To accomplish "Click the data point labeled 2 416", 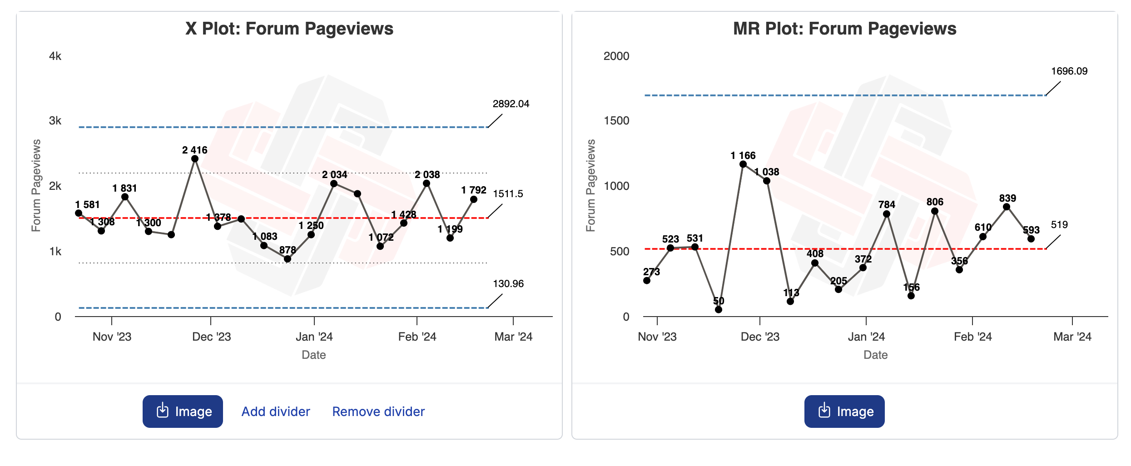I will pos(195,159).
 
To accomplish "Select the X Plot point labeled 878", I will pos(288,259).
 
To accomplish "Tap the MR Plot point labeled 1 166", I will pos(743,164).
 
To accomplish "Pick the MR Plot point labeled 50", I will pos(719,310).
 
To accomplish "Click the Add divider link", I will pos(276,411).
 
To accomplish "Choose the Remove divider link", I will pos(378,411).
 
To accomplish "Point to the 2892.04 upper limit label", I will pos(511,104).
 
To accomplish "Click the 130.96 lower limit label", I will pos(508,284).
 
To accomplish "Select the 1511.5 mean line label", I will pos(508,194).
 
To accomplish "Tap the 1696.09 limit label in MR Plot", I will pos(1069,71).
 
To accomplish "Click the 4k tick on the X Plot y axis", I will pos(55,56).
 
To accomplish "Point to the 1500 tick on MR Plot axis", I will pos(616,121).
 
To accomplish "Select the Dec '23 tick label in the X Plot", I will pos(212,337).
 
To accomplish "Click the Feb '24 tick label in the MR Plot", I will pos(972,337).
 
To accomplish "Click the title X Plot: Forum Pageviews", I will pos(289,29).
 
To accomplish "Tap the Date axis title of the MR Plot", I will pos(875,355).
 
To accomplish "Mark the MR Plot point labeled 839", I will pos(1007,207).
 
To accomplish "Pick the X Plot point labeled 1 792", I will pos(474,199).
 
